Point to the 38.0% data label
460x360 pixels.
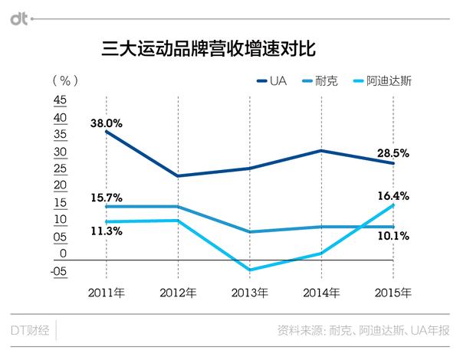click(x=106, y=121)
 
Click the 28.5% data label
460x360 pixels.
click(x=393, y=153)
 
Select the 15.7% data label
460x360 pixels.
click(x=106, y=198)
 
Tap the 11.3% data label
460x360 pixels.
click(x=106, y=231)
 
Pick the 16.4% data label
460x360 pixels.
click(x=393, y=196)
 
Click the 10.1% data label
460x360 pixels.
click(x=393, y=236)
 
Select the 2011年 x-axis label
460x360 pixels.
click(x=107, y=293)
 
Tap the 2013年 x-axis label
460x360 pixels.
click(x=250, y=293)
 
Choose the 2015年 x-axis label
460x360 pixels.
click(x=393, y=293)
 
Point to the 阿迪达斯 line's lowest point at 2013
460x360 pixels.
click(x=250, y=270)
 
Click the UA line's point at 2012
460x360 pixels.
click(x=179, y=176)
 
